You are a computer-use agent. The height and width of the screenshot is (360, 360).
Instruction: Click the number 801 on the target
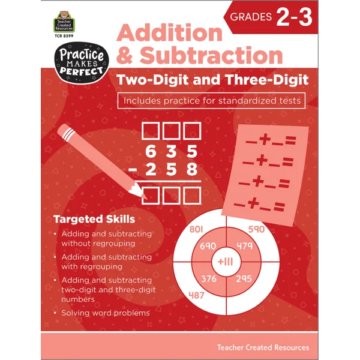tap(197, 229)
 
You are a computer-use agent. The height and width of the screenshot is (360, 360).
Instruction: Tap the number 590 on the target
tap(256, 229)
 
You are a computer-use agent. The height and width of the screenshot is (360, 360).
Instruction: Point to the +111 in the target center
tap(226, 262)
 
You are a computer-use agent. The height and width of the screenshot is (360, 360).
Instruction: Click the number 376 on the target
tap(208, 279)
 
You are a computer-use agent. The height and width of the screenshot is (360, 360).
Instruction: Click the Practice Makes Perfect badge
tap(77, 63)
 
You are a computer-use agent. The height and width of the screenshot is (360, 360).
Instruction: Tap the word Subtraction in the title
tap(218, 55)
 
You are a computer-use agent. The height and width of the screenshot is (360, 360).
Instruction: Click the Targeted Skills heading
tap(94, 218)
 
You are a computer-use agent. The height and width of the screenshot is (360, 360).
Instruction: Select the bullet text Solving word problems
tap(105, 313)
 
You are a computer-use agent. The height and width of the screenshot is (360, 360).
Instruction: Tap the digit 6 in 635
tap(149, 151)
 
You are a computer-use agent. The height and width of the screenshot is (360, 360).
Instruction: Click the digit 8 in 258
tap(191, 170)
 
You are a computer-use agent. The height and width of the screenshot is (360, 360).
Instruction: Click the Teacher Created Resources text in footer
tap(263, 347)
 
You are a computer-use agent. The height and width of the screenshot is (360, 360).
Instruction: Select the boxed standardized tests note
tap(211, 100)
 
